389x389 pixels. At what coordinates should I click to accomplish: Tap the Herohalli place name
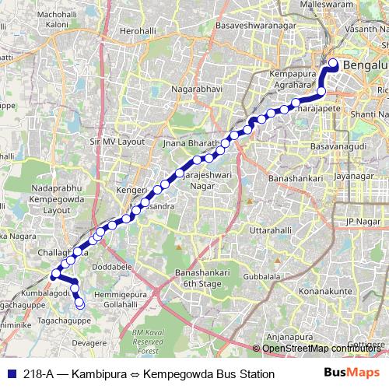pyautogui.click(x=128, y=30)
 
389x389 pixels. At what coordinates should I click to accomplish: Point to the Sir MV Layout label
pyautogui.click(x=117, y=142)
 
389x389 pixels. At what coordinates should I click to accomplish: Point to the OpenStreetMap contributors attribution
pyautogui.click(x=321, y=348)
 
